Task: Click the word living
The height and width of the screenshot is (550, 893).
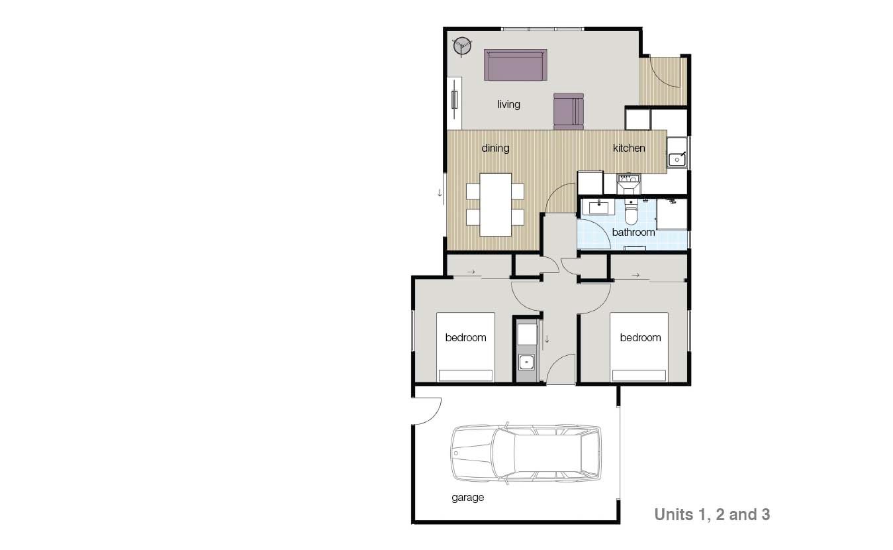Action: (x=508, y=105)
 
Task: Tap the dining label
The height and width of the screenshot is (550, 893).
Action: (x=495, y=148)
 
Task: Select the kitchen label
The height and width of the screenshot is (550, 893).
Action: (x=629, y=148)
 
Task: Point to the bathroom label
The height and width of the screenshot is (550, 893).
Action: (x=633, y=233)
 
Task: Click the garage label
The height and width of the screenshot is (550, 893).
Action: (x=467, y=498)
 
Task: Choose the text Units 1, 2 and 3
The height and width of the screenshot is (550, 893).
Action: (x=712, y=515)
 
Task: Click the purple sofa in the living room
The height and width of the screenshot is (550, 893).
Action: (x=516, y=65)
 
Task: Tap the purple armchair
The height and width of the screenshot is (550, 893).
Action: (x=569, y=111)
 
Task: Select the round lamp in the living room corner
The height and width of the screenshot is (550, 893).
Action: (x=463, y=46)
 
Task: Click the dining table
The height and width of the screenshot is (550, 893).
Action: (x=496, y=204)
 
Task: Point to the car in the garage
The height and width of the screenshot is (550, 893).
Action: (x=526, y=453)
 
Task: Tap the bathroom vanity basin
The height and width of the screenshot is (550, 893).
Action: (x=596, y=207)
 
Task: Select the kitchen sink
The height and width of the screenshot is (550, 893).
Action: (x=677, y=159)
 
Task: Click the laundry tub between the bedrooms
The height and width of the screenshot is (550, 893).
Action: (x=527, y=362)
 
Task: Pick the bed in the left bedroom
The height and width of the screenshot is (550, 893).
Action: (x=465, y=347)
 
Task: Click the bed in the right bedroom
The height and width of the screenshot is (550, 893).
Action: (x=639, y=347)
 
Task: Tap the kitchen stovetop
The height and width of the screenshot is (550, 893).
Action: (x=629, y=184)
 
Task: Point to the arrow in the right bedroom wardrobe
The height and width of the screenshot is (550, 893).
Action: (x=635, y=275)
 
